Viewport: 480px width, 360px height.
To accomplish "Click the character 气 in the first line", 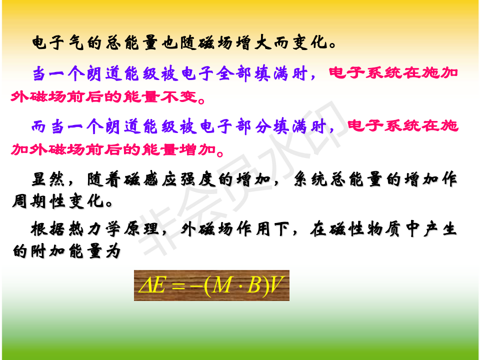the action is tap(76, 42).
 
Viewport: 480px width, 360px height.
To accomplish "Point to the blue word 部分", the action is tap(252, 126).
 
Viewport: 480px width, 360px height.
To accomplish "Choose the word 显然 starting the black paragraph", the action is tap(48, 179).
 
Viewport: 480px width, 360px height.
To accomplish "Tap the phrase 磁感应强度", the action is tap(168, 179).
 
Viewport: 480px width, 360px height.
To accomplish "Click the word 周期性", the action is tap(39, 201).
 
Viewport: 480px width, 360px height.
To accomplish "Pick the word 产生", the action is tap(440, 229).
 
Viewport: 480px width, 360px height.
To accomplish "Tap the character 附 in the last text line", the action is tap(38, 251).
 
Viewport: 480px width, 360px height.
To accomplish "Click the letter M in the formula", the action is tap(222, 285).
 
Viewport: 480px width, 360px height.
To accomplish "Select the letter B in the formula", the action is tap(253, 285).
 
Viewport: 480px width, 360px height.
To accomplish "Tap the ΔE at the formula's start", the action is tap(152, 285).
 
